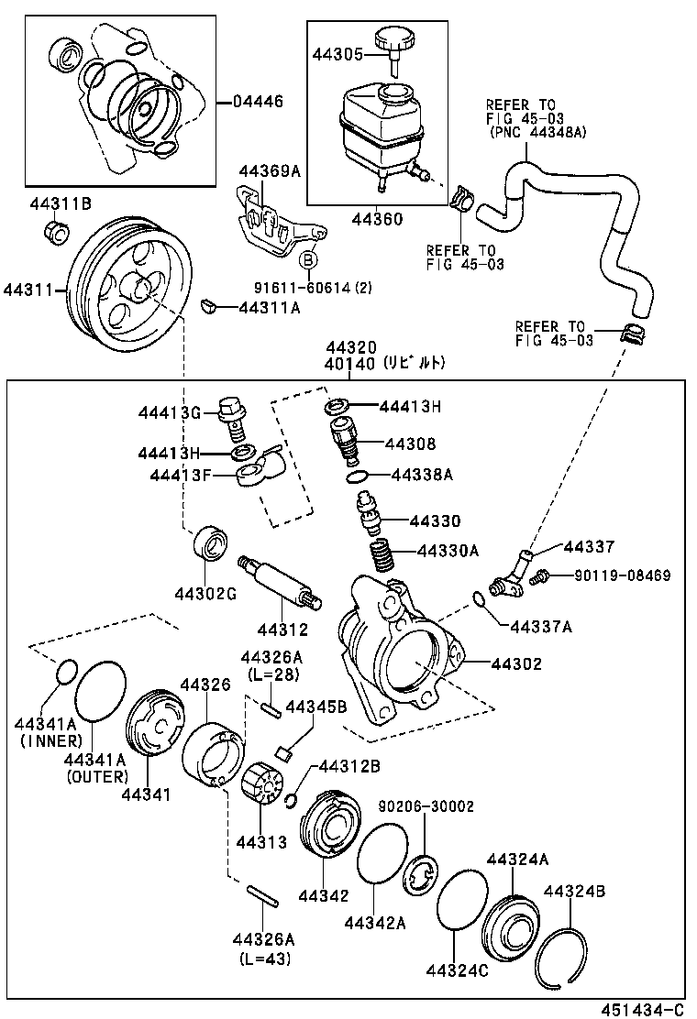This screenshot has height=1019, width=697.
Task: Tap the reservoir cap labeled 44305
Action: [395, 42]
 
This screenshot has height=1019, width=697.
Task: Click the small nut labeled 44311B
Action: [56, 233]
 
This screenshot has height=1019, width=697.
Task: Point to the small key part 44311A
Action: [208, 305]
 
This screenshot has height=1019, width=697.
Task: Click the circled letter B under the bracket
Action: [309, 261]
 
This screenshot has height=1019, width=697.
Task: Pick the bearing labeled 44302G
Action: [210, 543]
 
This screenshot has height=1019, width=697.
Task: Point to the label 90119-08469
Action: [623, 576]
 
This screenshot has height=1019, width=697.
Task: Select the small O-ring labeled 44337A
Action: [480, 600]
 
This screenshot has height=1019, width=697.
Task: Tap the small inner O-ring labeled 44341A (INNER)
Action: [63, 672]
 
